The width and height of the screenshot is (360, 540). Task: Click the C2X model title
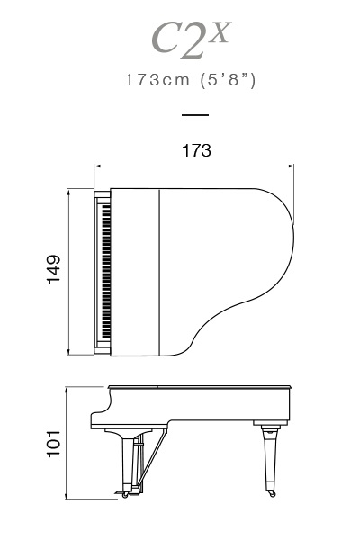(x=191, y=40)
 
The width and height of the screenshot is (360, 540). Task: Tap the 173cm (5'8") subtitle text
(x=191, y=80)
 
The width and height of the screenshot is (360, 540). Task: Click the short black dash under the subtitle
(x=195, y=115)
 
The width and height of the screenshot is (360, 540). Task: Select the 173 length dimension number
(x=196, y=150)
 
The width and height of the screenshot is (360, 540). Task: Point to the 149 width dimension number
(x=54, y=269)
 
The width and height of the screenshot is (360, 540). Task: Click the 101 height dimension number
(x=54, y=444)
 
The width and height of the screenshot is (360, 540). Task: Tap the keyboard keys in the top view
(x=106, y=272)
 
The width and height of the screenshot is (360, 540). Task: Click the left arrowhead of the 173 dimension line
(x=97, y=166)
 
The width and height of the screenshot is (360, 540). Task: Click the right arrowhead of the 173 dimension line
(x=291, y=166)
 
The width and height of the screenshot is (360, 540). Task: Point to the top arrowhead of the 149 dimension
(x=69, y=192)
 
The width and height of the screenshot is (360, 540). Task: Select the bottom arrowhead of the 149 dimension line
(x=69, y=352)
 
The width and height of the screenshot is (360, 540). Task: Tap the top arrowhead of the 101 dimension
(x=66, y=390)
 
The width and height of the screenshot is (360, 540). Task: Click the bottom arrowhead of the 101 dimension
(x=66, y=496)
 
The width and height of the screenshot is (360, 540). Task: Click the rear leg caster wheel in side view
(x=272, y=494)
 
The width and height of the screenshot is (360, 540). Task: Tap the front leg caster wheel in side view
(x=125, y=495)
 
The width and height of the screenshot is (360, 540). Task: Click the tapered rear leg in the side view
(x=271, y=458)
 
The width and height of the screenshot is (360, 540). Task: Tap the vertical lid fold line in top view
(x=160, y=272)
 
